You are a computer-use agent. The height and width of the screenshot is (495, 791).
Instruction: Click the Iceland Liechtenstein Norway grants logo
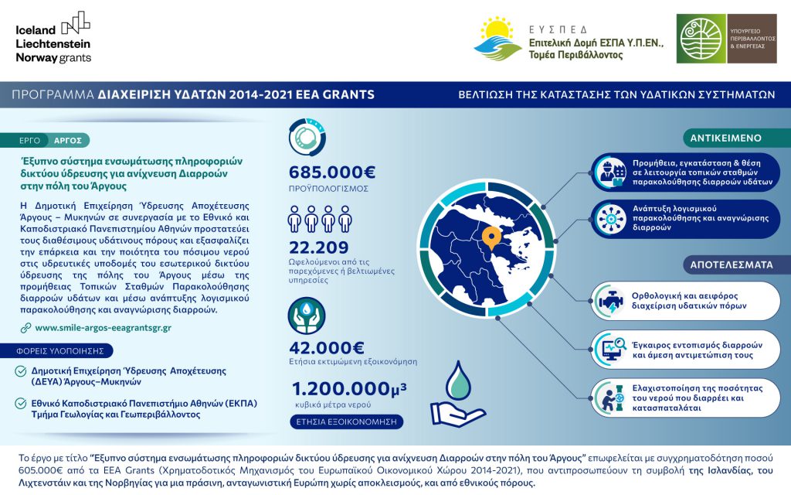pos(53,37)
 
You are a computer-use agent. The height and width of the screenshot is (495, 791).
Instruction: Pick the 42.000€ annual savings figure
pos(327,347)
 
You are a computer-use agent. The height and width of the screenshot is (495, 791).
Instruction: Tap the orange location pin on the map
pos(490,236)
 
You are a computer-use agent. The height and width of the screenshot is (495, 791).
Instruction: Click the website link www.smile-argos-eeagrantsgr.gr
pos(103,328)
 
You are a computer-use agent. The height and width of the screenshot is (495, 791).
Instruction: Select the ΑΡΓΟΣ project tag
pos(68,140)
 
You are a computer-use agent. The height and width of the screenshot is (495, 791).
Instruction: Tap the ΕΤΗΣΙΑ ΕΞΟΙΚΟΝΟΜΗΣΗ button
pos(347,422)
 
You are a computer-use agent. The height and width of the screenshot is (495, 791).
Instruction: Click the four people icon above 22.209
pos(314,220)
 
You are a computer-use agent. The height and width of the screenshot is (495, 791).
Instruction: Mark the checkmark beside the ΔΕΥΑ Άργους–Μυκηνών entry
pos(22,371)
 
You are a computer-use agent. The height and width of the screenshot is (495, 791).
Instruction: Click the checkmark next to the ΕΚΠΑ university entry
pos(22,404)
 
